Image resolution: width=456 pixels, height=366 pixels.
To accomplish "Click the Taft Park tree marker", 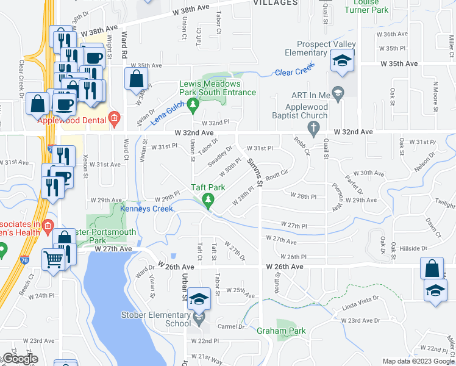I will pos(208,199).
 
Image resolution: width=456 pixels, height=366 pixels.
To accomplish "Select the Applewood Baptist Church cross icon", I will pos(313,127).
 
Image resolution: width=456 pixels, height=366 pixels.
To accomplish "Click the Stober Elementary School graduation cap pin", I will pos(199,300).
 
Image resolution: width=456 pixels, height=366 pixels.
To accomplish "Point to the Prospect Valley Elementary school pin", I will pos(342,61).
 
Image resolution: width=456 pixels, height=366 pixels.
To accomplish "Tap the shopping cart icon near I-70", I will pos(54,259).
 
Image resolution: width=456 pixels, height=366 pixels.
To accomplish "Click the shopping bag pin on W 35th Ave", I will pos(136,79).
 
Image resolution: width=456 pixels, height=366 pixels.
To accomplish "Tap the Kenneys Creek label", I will pos(146,209).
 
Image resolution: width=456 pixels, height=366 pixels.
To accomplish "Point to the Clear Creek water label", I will pos(294,72).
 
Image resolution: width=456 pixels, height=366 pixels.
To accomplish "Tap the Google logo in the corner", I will pos(20,359).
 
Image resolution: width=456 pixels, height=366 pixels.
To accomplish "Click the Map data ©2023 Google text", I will pos(418,361).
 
